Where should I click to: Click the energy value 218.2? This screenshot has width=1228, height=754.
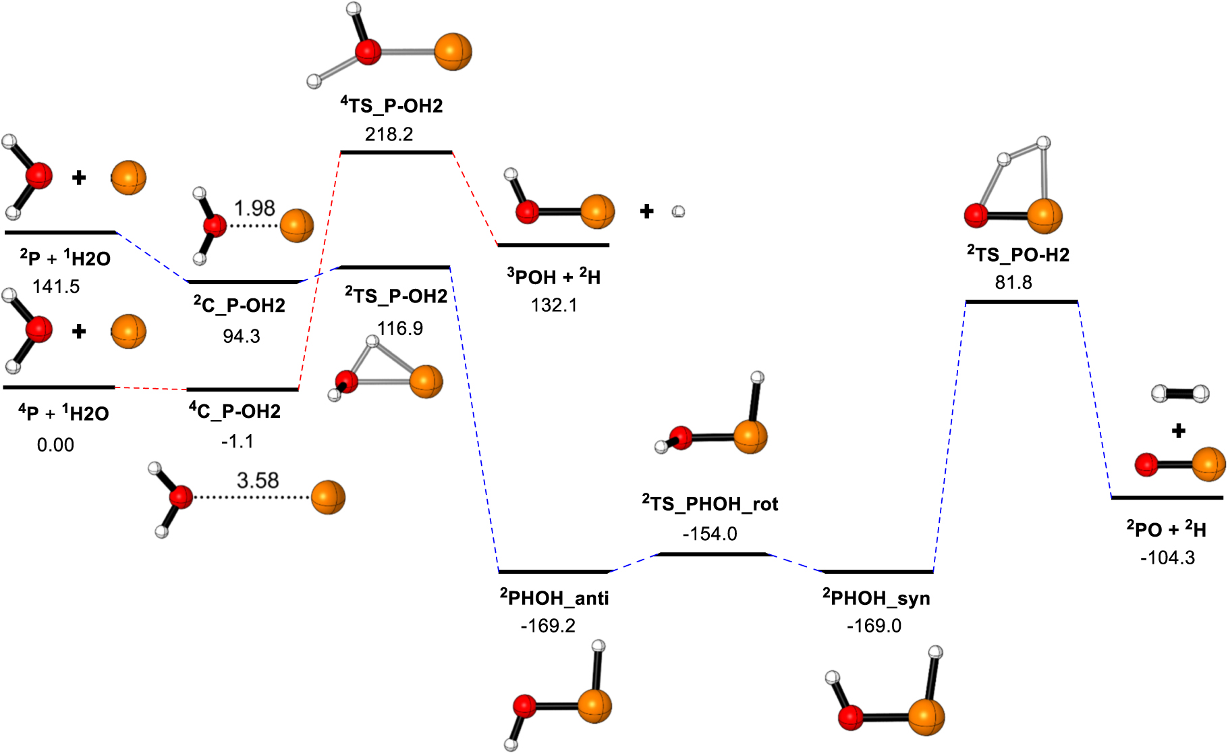pyautogui.click(x=389, y=134)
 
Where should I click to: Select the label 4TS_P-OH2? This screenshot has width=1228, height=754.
pyautogui.click(x=392, y=105)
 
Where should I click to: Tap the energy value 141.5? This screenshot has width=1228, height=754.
pyautogui.click(x=56, y=286)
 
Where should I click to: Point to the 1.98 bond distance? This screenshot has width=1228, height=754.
pyautogui.click(x=254, y=208)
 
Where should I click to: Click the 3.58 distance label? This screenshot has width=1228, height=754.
pyautogui.click(x=257, y=481)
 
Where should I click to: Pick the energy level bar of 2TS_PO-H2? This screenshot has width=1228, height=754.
pyautogui.click(x=1022, y=302)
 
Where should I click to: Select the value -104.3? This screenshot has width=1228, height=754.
pyautogui.click(x=1167, y=558)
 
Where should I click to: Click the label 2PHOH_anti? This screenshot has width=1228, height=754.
pyautogui.click(x=555, y=598)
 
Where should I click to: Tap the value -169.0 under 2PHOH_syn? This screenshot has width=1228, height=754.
pyautogui.click(x=874, y=626)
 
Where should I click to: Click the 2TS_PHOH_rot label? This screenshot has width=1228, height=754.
pyautogui.click(x=710, y=504)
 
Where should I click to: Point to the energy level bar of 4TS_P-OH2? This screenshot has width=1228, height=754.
pyautogui.click(x=396, y=153)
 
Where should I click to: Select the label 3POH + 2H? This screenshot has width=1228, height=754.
pyautogui.click(x=554, y=277)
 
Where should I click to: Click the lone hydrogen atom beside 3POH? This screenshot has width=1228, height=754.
pyautogui.click(x=679, y=212)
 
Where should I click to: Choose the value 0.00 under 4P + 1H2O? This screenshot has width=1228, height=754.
pyautogui.click(x=55, y=445)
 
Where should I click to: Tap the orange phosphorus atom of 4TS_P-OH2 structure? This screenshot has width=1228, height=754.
pyautogui.click(x=453, y=52)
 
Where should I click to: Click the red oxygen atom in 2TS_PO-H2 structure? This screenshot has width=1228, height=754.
pyautogui.click(x=976, y=215)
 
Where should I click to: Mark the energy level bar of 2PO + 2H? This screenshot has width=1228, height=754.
pyautogui.click(x=1167, y=498)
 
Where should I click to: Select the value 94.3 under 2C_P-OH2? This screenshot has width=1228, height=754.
pyautogui.click(x=242, y=336)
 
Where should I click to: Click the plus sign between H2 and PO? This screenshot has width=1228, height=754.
pyautogui.click(x=1178, y=431)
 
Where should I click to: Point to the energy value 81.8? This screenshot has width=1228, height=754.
pyautogui.click(x=1013, y=282)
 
